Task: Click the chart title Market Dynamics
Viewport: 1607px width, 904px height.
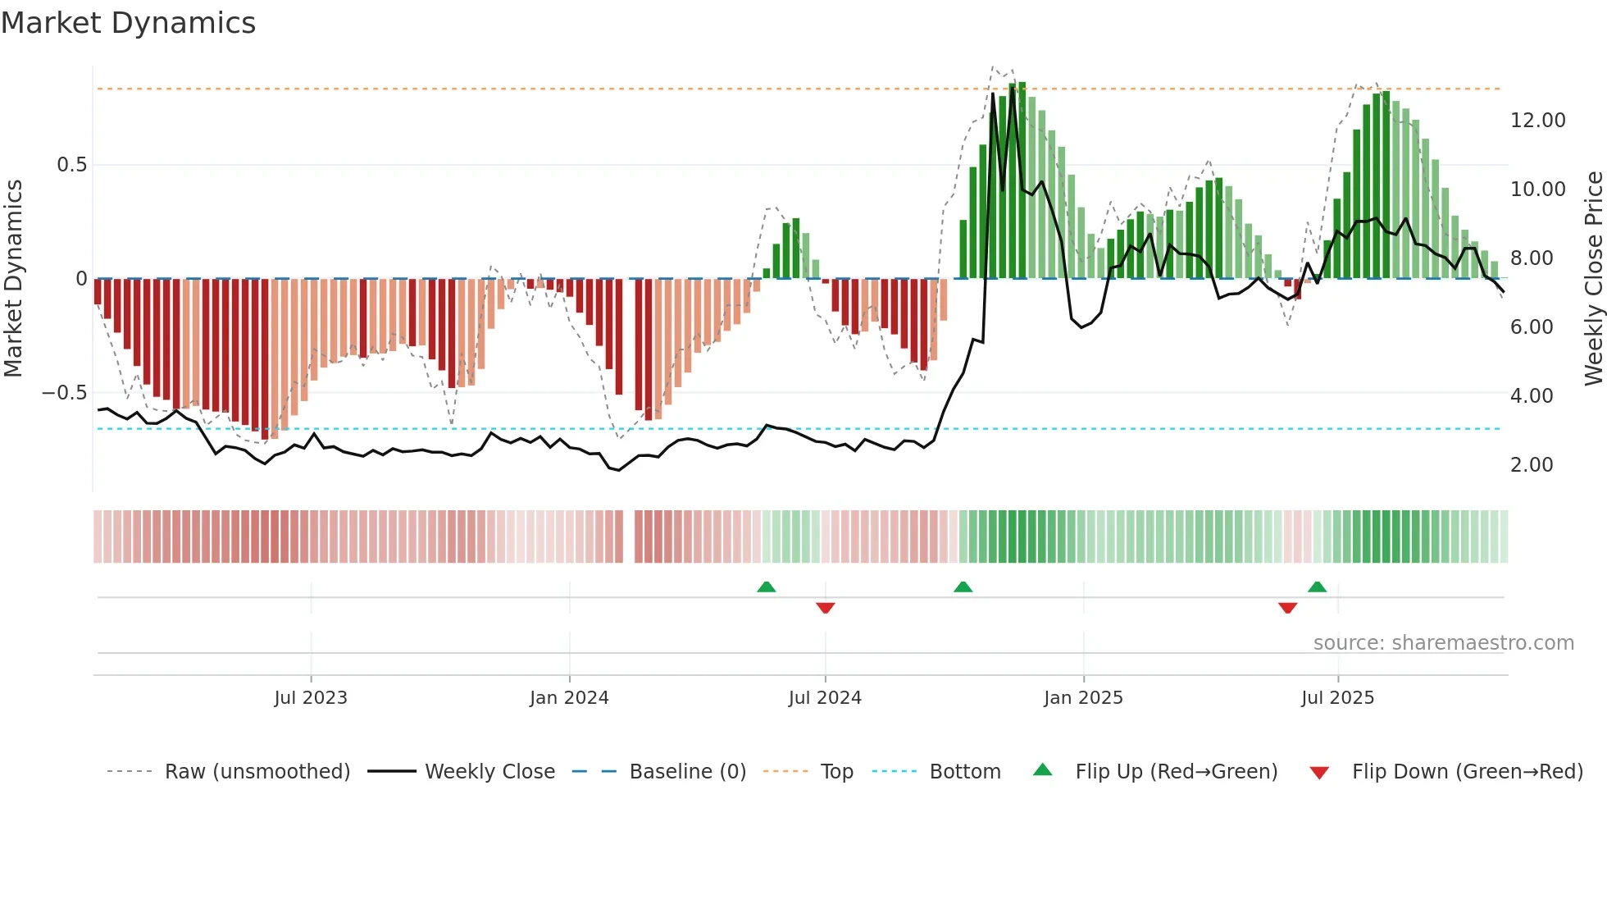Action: (129, 23)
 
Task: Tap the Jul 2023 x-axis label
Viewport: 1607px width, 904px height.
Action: (311, 698)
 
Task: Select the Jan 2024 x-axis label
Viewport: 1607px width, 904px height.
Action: (569, 698)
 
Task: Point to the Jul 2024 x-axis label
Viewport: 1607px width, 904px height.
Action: (825, 698)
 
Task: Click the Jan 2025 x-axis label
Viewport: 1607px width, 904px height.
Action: (1083, 698)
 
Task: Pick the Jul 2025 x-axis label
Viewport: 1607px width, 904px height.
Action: (1337, 698)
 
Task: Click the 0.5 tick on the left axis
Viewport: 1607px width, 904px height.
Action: (71, 165)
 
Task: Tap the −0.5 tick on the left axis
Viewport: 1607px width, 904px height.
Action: (65, 393)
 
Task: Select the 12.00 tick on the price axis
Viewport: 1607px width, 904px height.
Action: (1537, 121)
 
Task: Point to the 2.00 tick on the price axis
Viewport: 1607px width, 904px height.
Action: (1532, 465)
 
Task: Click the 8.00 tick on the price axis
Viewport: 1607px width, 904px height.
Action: (1532, 258)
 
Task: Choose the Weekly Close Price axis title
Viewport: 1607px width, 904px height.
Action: (1593, 278)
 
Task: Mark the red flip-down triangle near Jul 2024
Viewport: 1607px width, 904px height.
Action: (826, 608)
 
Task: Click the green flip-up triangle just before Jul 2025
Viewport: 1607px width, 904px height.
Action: (1317, 587)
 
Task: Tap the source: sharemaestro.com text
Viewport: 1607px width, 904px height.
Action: (1443, 643)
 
